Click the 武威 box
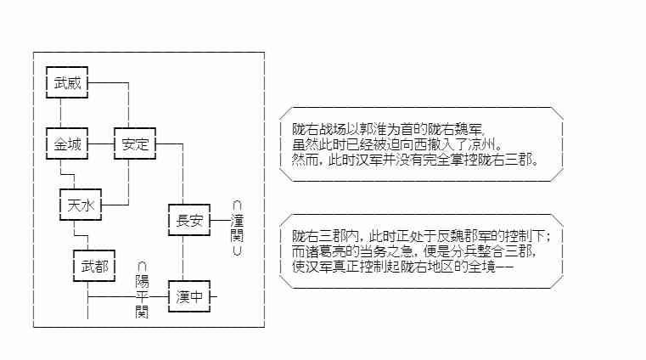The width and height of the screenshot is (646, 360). pyautogui.click(x=68, y=83)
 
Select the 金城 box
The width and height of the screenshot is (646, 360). pyautogui.click(x=68, y=144)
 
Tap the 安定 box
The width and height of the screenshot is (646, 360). pyautogui.click(x=135, y=144)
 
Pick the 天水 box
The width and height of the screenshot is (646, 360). pyautogui.click(x=80, y=205)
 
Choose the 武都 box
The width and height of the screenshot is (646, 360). pyautogui.click(x=92, y=267)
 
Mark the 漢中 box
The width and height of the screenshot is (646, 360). pyautogui.click(x=188, y=296)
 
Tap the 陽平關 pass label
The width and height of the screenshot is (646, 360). pyautogui.click(x=142, y=289)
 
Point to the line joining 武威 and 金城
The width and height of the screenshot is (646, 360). pyautogui.click(x=60, y=113)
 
